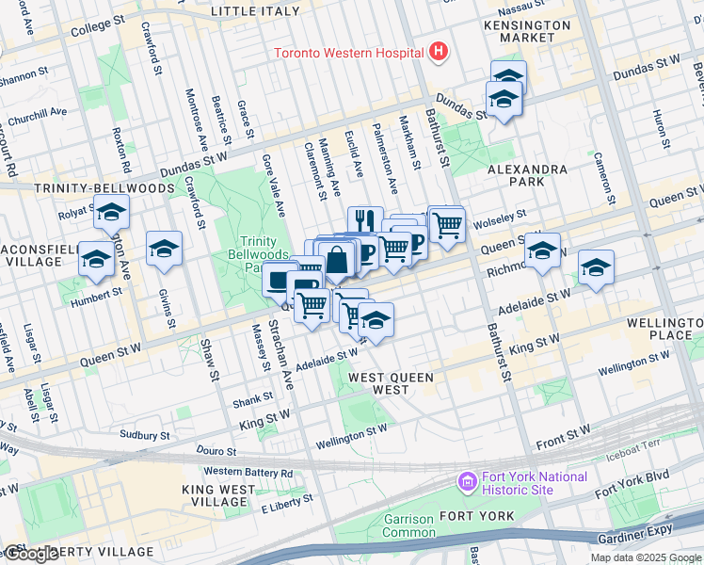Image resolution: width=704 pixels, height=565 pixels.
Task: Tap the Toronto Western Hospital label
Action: click(348, 53)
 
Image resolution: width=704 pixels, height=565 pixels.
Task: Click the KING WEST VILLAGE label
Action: click(218, 496)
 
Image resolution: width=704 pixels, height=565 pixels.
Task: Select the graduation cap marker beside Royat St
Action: click(111, 216)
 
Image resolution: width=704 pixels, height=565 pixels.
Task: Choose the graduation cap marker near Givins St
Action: click(164, 249)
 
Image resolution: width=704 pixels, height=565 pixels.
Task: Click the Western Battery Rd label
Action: click(248, 472)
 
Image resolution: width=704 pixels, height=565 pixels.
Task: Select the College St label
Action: click(97, 29)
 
